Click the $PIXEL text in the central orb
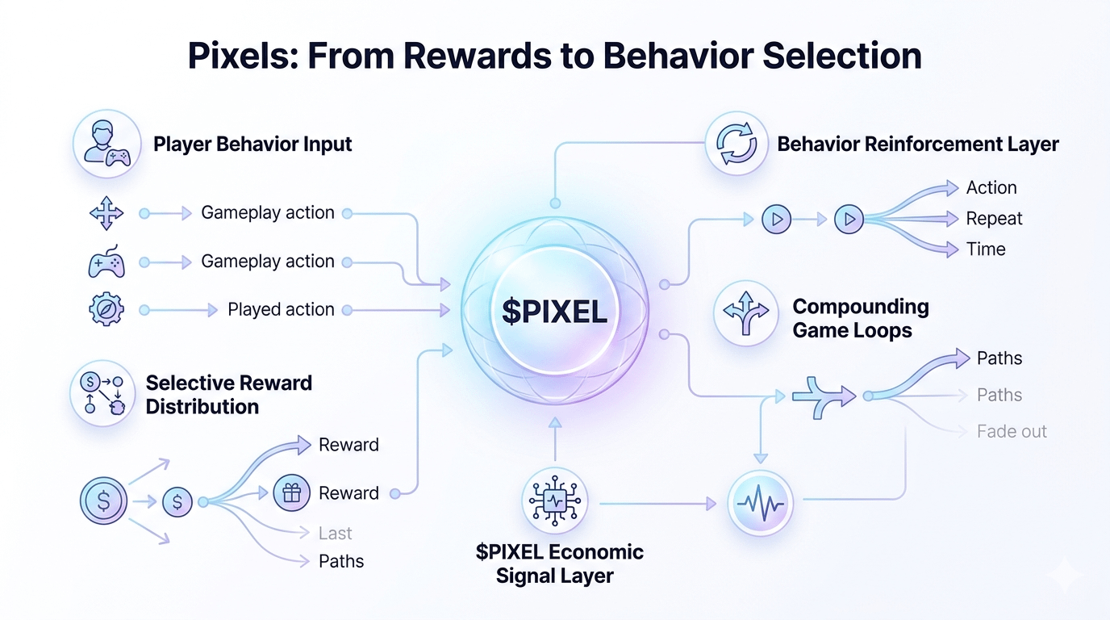click(x=554, y=311)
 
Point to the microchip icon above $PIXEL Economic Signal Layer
click(x=554, y=501)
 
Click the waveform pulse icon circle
click(x=761, y=504)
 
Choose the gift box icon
click(x=291, y=493)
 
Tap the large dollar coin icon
click(x=103, y=501)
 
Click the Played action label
click(x=281, y=309)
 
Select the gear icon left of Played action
click(x=106, y=310)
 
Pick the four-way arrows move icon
click(x=106, y=214)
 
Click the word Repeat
click(x=994, y=219)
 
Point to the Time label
click(x=986, y=249)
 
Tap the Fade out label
click(x=1012, y=431)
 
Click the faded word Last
click(x=335, y=534)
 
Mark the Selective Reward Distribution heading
click(x=228, y=394)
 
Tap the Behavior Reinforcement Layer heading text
click(x=917, y=145)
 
